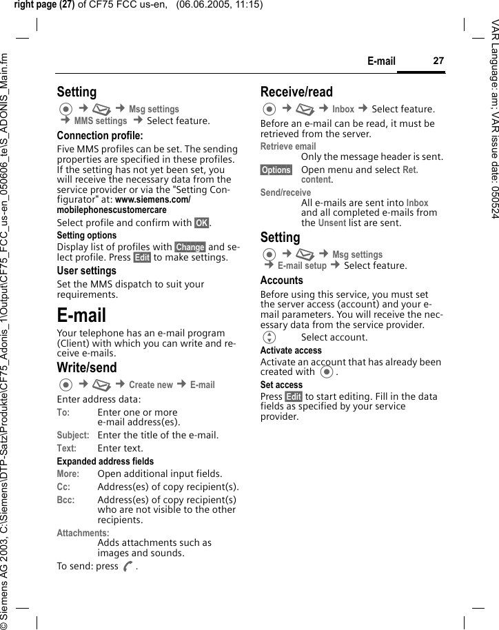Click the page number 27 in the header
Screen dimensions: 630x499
point(438,61)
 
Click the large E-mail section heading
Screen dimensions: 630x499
point(81,316)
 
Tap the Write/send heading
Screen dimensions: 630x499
point(87,367)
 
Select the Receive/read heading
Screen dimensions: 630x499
point(296,92)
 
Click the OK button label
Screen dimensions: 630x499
point(202,223)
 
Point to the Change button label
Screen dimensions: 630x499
point(190,247)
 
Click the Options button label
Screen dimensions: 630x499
point(276,170)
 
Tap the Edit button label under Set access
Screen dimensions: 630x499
point(294,396)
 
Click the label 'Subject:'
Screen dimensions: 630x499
point(73,435)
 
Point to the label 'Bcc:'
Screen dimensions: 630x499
point(66,500)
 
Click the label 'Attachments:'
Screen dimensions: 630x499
point(83,533)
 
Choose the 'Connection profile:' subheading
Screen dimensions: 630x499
point(100,135)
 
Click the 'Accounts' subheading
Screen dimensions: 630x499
point(282,281)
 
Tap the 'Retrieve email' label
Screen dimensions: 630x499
point(288,146)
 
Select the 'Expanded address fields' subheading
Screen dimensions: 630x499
point(105,461)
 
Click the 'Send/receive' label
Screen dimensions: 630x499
point(285,193)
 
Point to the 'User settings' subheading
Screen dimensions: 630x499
point(87,271)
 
